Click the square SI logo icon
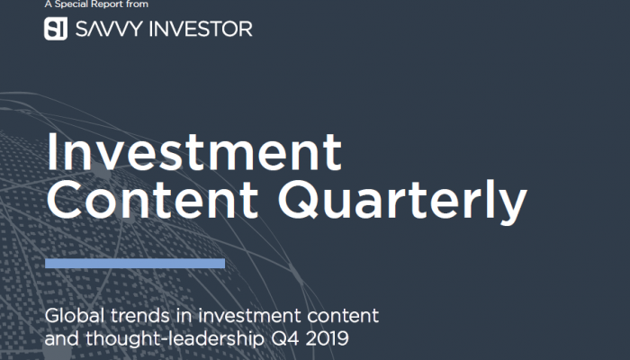coord(56,29)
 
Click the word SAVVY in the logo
coord(109,29)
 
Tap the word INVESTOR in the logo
coord(201,29)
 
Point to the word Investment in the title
coord(194,152)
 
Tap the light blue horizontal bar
coord(135,263)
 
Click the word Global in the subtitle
coord(75,315)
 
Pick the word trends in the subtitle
coord(140,316)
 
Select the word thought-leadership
coord(175,338)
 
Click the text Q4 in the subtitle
coord(285,338)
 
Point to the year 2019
coord(327,338)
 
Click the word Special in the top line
coord(71,4)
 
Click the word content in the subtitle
coord(343,316)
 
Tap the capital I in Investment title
coord(50,151)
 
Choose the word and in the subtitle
coord(62,338)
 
